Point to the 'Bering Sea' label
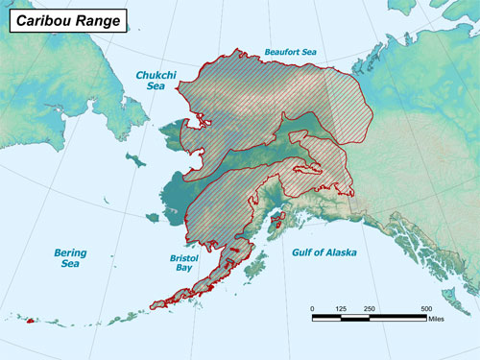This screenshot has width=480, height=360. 69,258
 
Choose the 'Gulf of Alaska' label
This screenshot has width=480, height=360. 324,252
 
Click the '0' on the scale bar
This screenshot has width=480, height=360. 313,308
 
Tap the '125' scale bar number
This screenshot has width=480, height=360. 341,308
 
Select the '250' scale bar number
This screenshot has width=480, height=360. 370,308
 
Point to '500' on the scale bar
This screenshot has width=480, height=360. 425,308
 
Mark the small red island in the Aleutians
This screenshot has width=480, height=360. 31,321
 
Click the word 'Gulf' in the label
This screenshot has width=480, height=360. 302,252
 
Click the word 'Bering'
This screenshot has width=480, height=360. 69,252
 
